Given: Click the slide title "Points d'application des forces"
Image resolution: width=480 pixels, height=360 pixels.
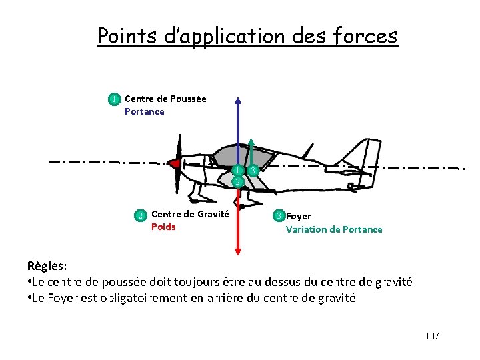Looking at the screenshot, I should point(247,35).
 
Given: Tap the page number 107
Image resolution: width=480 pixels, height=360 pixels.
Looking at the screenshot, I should point(432,336).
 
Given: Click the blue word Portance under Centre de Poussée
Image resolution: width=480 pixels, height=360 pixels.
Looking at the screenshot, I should point(144,111).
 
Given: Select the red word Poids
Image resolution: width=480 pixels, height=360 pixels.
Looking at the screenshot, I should point(163,227).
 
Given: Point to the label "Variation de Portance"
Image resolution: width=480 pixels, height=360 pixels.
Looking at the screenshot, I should point(334,229).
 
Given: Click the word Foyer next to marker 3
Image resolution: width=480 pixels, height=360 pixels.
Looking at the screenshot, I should point(298,216).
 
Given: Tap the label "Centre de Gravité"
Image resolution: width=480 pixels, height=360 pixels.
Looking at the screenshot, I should point(190,214).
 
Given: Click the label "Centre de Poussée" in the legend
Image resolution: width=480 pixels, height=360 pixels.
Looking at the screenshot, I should point(165,99).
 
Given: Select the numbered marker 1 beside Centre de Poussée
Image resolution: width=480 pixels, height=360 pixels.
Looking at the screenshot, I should point(115,99).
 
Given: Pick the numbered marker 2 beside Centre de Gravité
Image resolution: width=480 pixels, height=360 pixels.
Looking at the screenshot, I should point(141,215).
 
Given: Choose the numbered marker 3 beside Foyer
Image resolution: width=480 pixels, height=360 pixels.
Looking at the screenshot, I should point(279,215).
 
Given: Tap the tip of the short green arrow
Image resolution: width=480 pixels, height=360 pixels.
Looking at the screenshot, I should point(251,141).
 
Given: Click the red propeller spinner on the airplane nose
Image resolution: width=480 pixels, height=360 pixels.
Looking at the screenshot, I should point(174,163).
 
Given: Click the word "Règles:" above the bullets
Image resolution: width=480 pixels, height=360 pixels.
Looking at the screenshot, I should point(47,266).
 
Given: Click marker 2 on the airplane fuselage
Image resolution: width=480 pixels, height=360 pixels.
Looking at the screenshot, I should point(237,181).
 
